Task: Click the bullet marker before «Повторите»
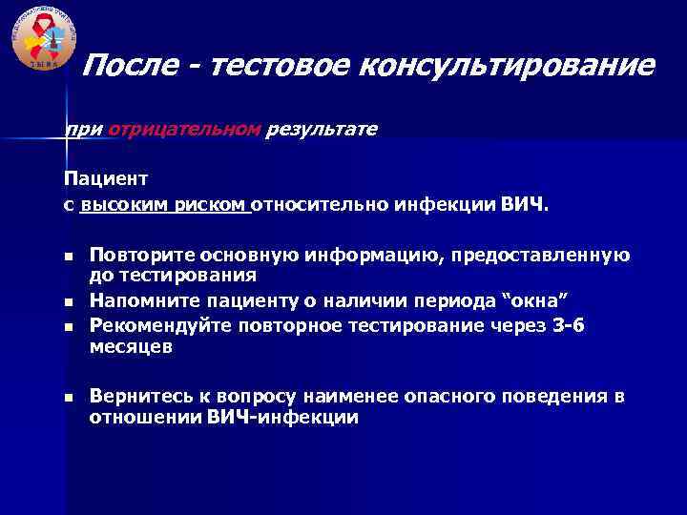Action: click(x=69, y=257)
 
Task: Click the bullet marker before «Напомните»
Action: click(x=69, y=303)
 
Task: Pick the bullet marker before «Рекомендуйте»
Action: click(x=69, y=326)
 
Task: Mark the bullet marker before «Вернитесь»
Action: click(x=69, y=397)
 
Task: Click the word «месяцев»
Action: click(x=131, y=347)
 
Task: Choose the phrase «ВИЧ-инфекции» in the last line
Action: click(x=282, y=418)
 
